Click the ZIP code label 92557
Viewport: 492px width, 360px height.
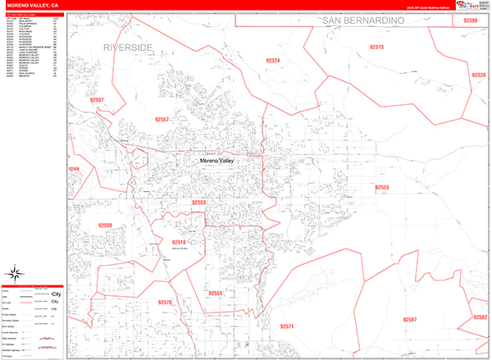point(162,120)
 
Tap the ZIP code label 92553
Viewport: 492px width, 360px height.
point(199,202)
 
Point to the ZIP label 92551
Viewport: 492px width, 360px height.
point(215,293)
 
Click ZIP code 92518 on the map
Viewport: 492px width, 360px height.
point(180,243)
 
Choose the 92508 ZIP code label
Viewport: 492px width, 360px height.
point(104,225)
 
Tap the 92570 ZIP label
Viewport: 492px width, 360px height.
point(165,303)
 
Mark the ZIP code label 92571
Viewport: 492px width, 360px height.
point(287,326)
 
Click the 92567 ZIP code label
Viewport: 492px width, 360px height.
point(410,319)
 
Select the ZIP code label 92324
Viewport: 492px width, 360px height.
point(273,61)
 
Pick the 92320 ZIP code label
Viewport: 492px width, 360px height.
point(478,75)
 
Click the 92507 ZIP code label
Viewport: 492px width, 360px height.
point(97,99)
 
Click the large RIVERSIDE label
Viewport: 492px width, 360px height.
point(128,48)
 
